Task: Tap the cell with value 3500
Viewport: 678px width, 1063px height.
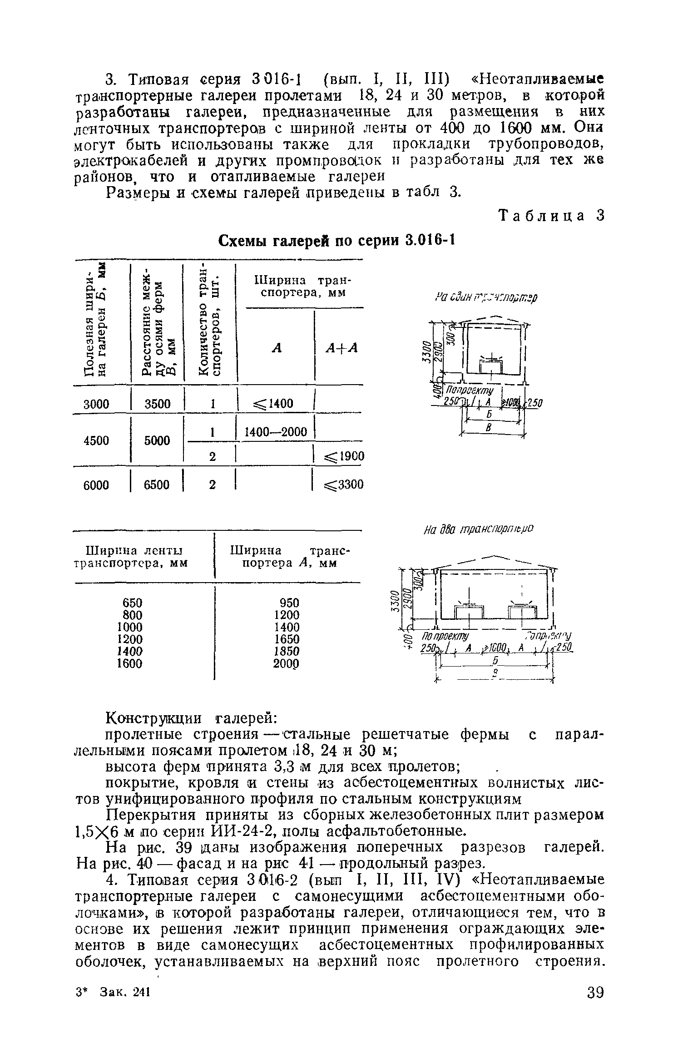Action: tap(157, 403)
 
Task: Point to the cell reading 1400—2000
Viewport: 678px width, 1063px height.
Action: tap(276, 432)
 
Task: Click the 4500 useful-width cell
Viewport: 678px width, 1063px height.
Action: tap(96, 440)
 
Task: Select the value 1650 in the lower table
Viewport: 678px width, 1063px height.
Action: tap(290, 639)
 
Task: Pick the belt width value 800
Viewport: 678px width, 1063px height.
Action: tap(133, 614)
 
